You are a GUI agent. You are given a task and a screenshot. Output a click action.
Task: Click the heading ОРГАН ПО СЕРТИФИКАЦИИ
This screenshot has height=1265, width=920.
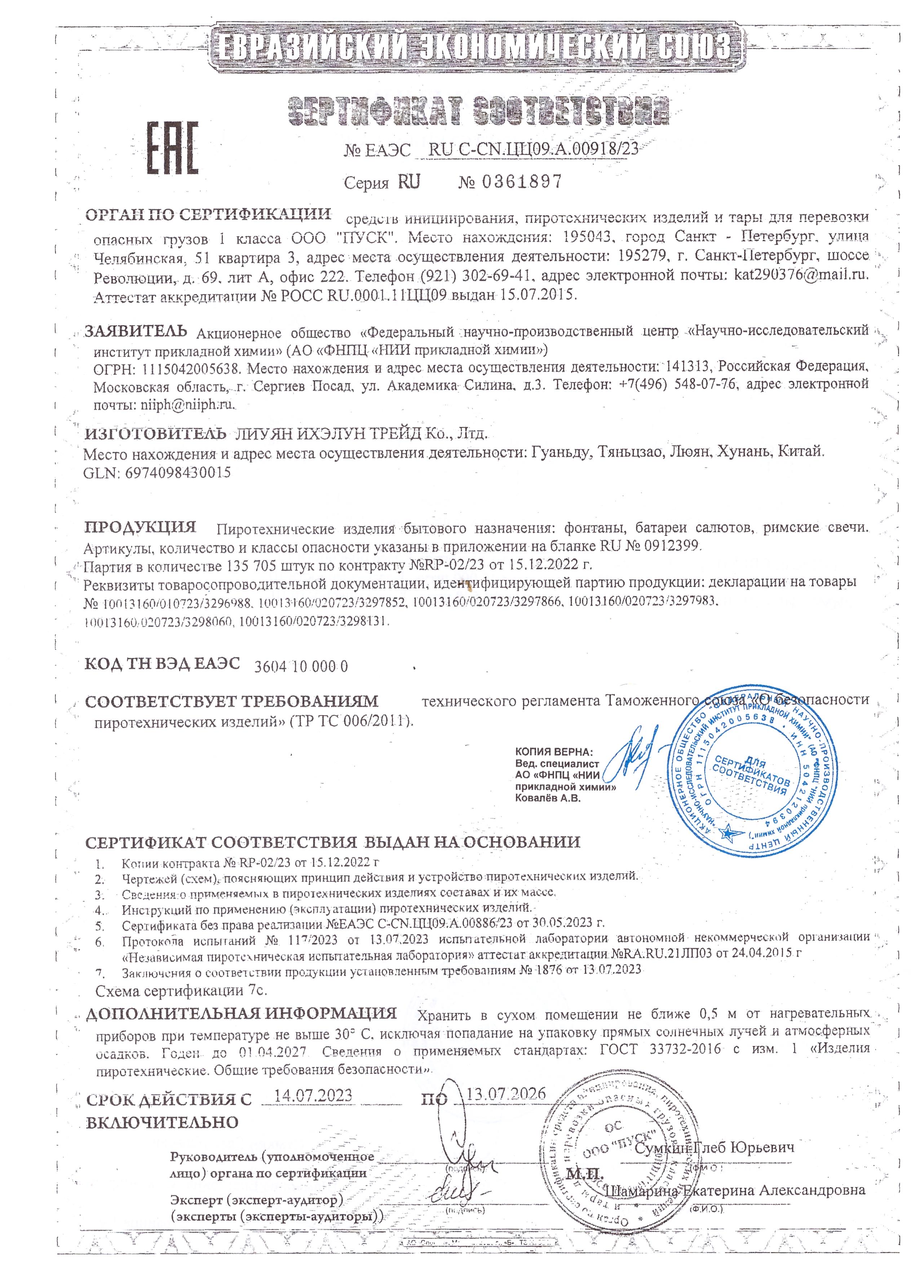tap(208, 215)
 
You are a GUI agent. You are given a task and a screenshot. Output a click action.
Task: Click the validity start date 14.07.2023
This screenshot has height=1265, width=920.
tap(314, 1094)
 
